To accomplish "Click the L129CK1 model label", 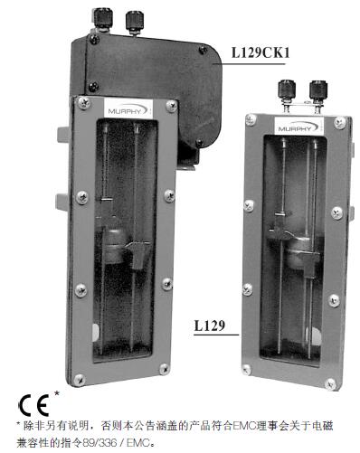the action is pos(261,53).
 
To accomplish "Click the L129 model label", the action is pos(210,326).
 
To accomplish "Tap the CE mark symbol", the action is pos(34,405).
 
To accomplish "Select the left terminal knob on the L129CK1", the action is pos(103,20).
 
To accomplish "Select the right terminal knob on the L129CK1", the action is pos(135,22).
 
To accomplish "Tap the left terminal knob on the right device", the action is pos(287,92).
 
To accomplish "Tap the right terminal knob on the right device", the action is pos(318,92).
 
